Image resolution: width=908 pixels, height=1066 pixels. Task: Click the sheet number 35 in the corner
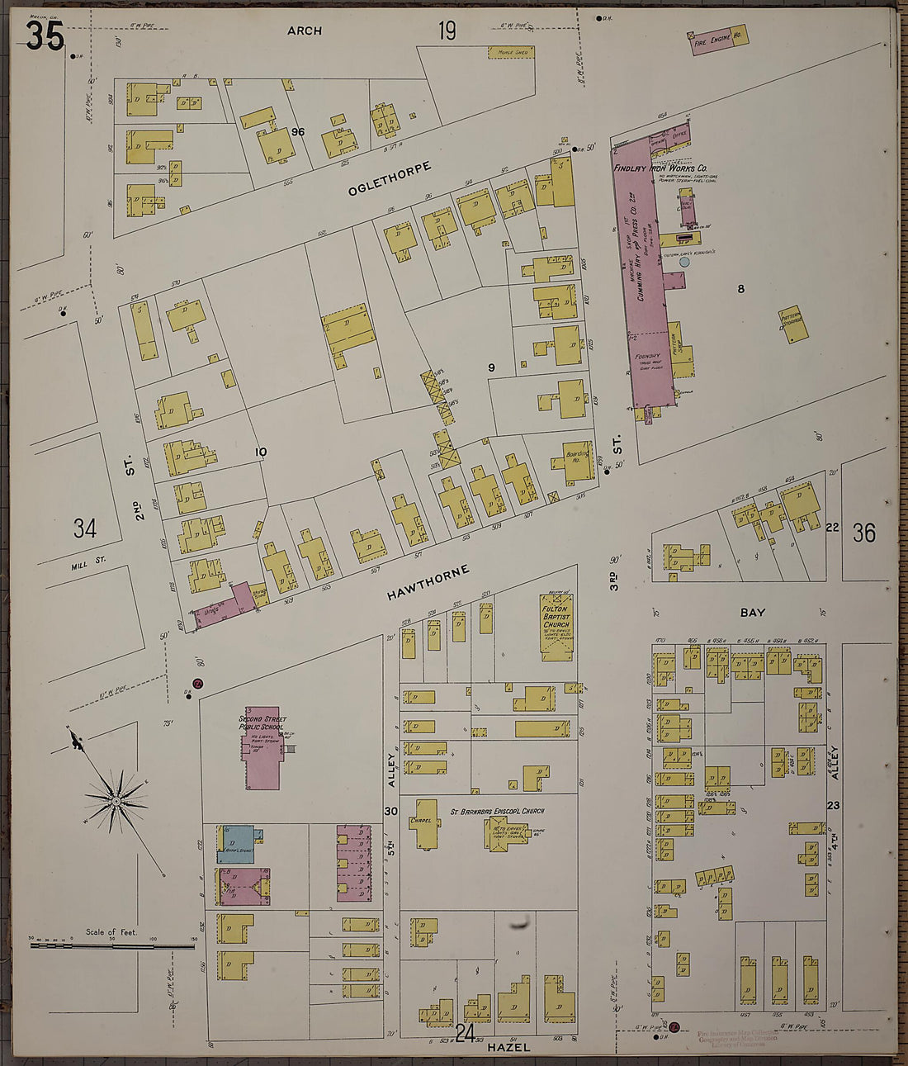click(x=45, y=36)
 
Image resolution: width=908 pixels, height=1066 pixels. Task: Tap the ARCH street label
click(x=305, y=31)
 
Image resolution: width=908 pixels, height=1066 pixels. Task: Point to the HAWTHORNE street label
click(x=428, y=585)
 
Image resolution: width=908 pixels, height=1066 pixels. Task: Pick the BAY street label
click(x=752, y=613)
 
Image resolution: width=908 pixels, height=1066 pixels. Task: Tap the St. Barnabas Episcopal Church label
click(x=497, y=812)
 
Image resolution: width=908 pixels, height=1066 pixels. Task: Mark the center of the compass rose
click(x=116, y=801)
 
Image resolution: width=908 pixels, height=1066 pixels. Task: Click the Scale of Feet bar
click(x=111, y=944)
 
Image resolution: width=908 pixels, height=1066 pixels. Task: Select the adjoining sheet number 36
click(x=863, y=533)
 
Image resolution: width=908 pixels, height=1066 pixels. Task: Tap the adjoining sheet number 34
click(x=84, y=528)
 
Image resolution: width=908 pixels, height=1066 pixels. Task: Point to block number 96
click(x=298, y=132)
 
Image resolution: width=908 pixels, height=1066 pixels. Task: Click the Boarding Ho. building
click(x=575, y=460)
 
